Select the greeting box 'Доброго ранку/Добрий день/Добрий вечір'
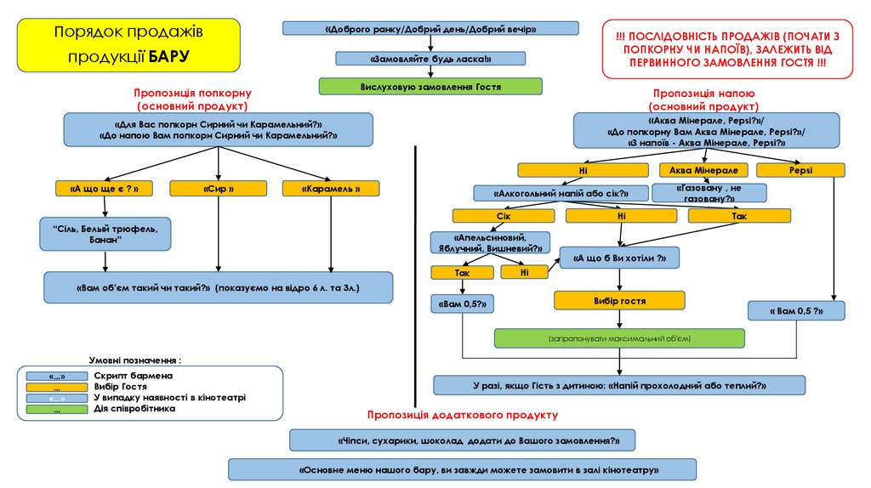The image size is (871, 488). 430,29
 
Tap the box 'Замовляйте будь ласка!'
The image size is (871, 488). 432,59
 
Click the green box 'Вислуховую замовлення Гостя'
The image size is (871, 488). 430,86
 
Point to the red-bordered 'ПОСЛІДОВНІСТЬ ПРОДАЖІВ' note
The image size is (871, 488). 726,48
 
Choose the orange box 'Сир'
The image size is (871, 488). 219,189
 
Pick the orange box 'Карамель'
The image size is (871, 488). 330,189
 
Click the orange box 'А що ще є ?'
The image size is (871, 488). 104,189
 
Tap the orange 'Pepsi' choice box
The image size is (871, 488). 800,170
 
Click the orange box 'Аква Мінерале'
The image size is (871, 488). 703,170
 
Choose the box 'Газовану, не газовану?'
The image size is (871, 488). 709,193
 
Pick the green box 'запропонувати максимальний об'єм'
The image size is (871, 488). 619,338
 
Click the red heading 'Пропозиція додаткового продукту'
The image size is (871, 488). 463,415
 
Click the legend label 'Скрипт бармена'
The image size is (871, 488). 134,375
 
